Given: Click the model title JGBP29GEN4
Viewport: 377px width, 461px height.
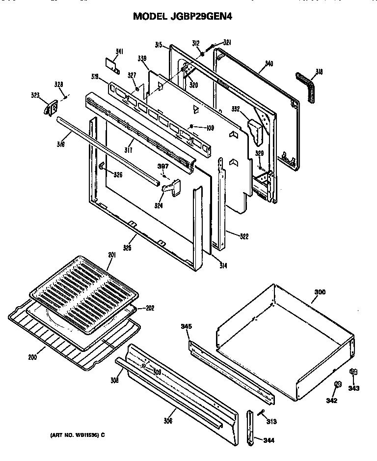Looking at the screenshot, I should (x=183, y=16).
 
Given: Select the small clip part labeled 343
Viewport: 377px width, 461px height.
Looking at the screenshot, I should (x=352, y=373).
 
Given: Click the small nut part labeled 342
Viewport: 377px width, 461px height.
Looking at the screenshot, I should (x=337, y=383).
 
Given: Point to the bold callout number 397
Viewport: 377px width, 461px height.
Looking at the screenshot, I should (x=163, y=166).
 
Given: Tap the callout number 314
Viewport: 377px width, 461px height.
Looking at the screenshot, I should (x=223, y=265).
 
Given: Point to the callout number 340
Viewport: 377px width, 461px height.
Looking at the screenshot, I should (x=269, y=63).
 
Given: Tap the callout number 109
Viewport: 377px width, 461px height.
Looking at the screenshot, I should (x=210, y=128).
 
